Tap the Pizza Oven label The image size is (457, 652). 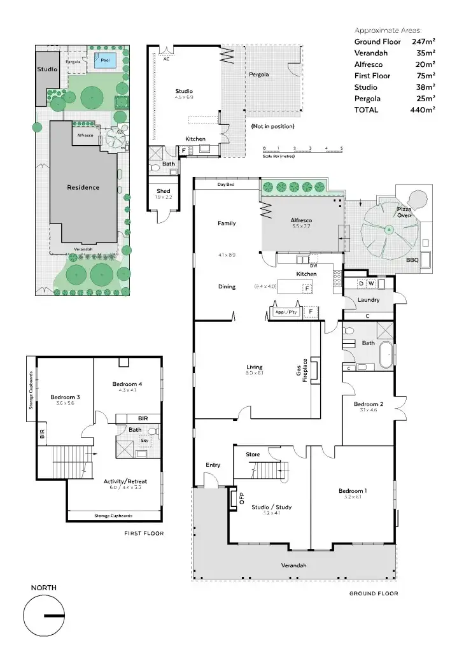[x=405, y=212]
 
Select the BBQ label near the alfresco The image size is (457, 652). [x=412, y=260]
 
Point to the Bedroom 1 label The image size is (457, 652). [x=352, y=490]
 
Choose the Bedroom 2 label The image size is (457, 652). [x=368, y=404]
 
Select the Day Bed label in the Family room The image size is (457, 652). [x=226, y=185]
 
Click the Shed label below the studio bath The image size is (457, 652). [x=164, y=191]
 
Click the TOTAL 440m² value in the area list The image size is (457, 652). [x=423, y=110]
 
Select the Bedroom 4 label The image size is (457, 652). [x=127, y=384]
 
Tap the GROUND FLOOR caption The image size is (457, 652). [x=373, y=593]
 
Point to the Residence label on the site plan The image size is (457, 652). [x=84, y=187]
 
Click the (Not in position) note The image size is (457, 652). [x=272, y=126]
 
